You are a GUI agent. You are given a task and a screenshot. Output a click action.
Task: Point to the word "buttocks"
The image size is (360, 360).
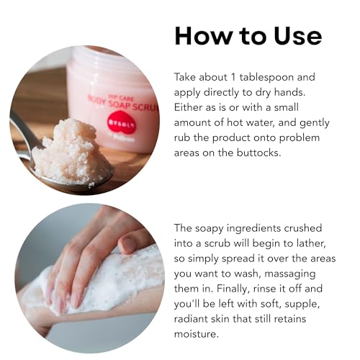(258, 153)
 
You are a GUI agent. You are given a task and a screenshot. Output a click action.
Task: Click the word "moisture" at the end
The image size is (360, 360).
(197, 334)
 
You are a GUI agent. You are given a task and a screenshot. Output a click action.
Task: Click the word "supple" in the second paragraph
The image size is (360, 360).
(302, 305)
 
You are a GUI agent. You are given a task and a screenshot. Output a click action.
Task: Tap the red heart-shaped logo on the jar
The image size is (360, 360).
(121, 122)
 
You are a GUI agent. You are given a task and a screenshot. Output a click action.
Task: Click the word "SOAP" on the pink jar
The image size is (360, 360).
(120, 105)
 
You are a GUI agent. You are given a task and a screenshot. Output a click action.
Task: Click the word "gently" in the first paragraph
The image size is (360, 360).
(315, 123)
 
